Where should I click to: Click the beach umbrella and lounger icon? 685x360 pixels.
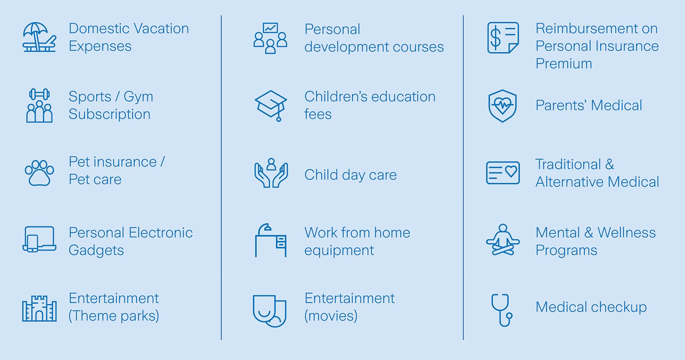pos(39,37)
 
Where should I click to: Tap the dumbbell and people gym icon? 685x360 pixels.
pos(39,106)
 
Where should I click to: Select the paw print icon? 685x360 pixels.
pos(39,173)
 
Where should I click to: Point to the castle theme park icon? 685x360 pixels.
pos(39,308)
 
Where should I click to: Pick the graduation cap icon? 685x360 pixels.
pos(271,105)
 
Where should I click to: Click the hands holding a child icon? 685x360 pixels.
pos(271,173)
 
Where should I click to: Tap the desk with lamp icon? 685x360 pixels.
pos(271,241)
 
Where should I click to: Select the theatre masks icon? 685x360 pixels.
pos(270,310)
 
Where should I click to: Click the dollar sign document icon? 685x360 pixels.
pos(503,38)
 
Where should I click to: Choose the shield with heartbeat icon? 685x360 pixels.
pos(503,106)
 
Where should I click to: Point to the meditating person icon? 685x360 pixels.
pos(503,241)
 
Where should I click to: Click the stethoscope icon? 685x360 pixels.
pos(502,310)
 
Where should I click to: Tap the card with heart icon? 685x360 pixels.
pos(503,173)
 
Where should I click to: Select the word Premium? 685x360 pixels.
pos(564,64)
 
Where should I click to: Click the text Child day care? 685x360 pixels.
pos(350,175)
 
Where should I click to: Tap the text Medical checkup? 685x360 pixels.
pos(591,307)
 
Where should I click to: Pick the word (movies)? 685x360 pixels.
pos(331,316)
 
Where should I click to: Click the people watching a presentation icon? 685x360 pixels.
pos(271,38)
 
